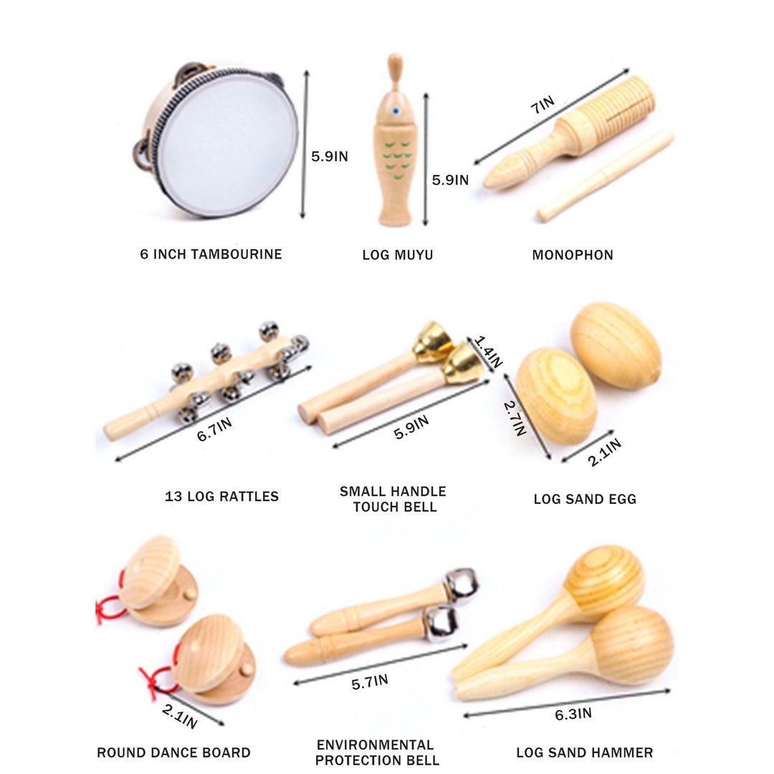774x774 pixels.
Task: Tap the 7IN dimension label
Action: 542,105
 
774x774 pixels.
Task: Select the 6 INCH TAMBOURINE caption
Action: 211,254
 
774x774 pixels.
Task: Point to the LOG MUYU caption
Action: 398,255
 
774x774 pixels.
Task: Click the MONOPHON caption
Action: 573,255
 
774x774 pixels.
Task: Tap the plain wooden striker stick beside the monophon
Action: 606,176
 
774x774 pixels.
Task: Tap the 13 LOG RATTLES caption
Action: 221,497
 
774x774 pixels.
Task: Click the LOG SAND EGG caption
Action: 585,499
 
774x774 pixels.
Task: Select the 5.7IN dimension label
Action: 370,682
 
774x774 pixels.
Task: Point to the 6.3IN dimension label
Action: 573,713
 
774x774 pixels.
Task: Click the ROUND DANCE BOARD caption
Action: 174,753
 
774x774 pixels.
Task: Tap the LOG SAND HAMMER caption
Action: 585,753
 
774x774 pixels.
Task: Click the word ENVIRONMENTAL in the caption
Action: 376,745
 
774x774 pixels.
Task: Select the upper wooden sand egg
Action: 615,345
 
